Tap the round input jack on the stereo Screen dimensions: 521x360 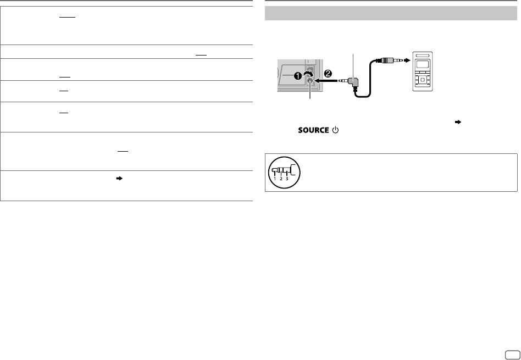coord(311,81)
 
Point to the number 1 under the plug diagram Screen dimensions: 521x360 coord(275,179)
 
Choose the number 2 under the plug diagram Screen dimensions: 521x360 coord(281,179)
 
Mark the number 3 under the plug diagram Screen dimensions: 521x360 coord(287,179)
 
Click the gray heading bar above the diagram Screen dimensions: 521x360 coord(391,13)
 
